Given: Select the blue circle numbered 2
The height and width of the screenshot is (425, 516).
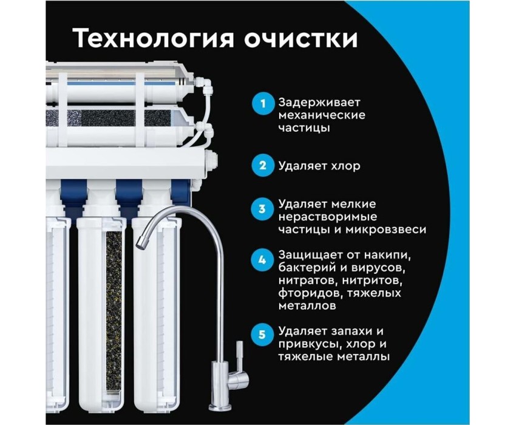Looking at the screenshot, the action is coord(263,165).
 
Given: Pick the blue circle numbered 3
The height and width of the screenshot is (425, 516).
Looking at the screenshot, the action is coord(263,209).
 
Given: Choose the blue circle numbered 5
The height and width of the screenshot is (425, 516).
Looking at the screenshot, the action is coord(263,335).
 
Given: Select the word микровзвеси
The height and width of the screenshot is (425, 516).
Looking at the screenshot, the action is coord(385,229).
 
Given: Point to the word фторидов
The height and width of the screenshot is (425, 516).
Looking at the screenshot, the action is coord(307,293).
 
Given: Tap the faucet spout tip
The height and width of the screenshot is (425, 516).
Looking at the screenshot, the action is coord(141,243).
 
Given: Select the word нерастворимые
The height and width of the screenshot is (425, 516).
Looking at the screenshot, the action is coord(328,217).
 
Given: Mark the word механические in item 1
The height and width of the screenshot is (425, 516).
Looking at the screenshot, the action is coord(322,115).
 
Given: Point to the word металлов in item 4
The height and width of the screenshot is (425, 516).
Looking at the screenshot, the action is coord(307,306).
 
